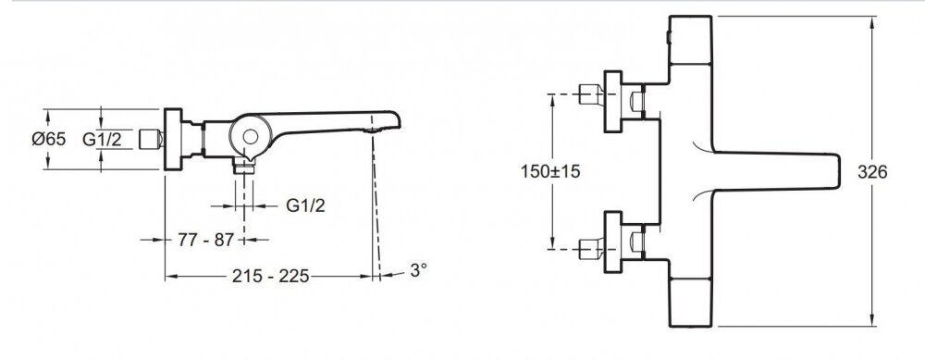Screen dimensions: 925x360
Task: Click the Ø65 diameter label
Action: pos(48,139)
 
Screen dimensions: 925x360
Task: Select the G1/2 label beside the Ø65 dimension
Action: pos(102,139)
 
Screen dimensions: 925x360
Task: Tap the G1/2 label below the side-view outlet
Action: pos(305,206)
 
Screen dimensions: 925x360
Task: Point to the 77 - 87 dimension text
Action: pos(206,240)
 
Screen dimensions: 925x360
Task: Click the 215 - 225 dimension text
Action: pos(271,276)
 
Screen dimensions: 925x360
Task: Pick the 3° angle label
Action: pos(418,270)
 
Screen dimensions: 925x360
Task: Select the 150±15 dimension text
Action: pos(550,171)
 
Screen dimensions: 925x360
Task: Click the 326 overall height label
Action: pos(872,172)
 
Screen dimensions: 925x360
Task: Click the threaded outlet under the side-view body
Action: pos(243,167)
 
